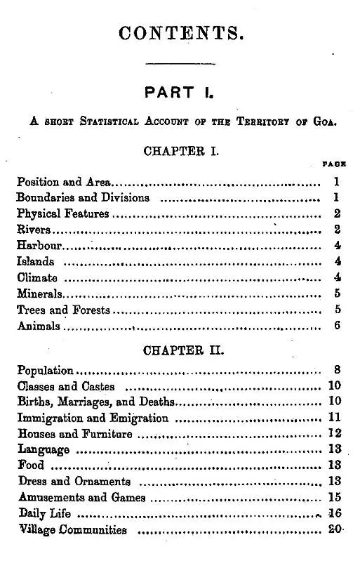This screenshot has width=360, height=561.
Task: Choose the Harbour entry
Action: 40,246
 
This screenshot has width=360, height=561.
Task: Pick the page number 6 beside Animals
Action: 337,326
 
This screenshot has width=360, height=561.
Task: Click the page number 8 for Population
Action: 337,370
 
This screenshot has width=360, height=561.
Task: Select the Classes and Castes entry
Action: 65,386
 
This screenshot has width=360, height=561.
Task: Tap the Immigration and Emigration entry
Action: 93,418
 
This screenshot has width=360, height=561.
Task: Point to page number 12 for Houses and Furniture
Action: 335,434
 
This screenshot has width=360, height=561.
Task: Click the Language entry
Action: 44,450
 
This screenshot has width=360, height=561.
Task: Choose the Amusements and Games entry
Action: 81,498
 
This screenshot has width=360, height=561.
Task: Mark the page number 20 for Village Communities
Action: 334,529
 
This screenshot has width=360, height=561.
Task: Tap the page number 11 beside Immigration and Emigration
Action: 335,418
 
